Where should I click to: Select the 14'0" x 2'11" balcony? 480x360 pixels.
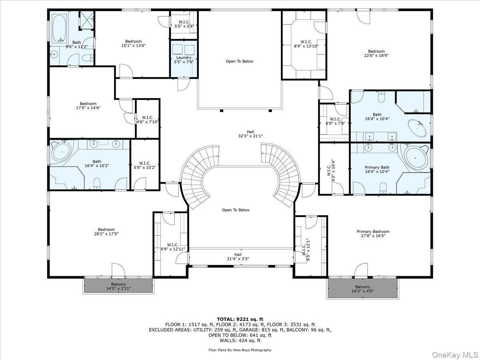click(x=118, y=286)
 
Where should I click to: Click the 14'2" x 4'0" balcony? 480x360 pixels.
click(x=362, y=289)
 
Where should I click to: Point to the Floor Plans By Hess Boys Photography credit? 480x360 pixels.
click(x=240, y=350)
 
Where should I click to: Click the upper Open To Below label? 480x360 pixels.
click(x=240, y=61)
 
